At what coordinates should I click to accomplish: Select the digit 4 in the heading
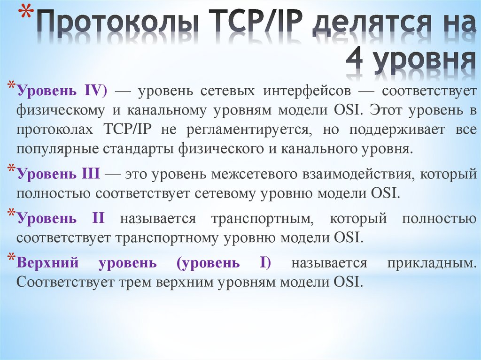pos(357,61)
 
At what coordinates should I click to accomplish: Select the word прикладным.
pos(432,263)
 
